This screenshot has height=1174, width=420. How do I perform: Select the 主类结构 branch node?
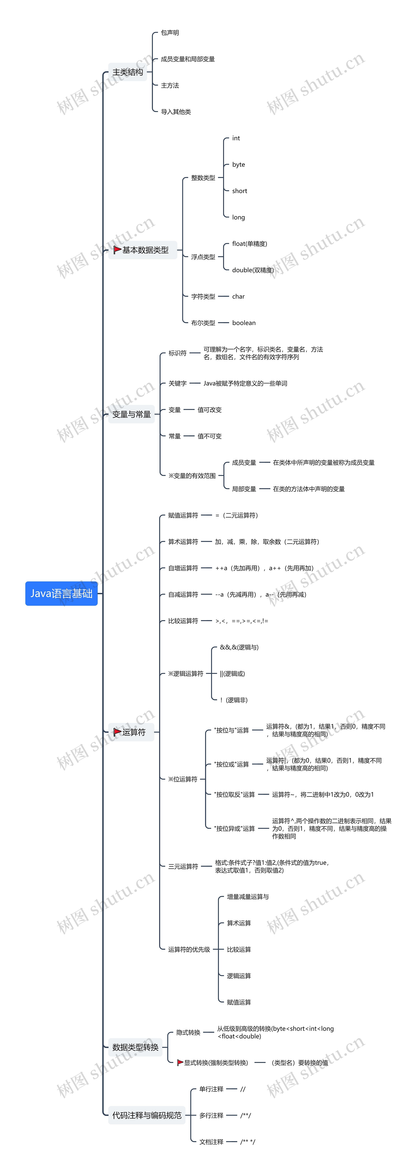pyautogui.click(x=128, y=72)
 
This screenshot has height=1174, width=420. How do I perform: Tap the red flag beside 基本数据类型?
pyautogui.click(x=117, y=250)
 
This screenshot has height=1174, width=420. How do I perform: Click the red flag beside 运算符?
pyautogui.click(x=117, y=732)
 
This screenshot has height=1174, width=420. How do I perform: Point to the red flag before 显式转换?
pyautogui.click(x=180, y=1062)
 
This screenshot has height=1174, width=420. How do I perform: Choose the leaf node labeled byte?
pyautogui.click(x=239, y=165)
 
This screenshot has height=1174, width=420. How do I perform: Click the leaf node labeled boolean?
pyautogui.click(x=243, y=323)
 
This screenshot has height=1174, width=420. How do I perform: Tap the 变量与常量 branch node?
pyautogui.click(x=131, y=414)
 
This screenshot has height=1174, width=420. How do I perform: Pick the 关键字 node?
pyautogui.click(x=177, y=383)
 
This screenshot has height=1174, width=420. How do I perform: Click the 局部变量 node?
pyautogui.click(x=244, y=489)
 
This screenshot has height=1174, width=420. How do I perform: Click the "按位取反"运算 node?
pyautogui.click(x=234, y=794)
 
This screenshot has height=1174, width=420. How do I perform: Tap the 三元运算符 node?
pyautogui.click(x=183, y=866)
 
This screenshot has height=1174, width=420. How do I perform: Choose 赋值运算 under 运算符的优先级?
pyautogui.click(x=239, y=1002)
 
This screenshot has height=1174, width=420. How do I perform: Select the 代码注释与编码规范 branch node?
pyautogui.click(x=147, y=1115)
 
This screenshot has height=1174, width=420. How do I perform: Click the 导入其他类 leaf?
pyautogui.click(x=176, y=112)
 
